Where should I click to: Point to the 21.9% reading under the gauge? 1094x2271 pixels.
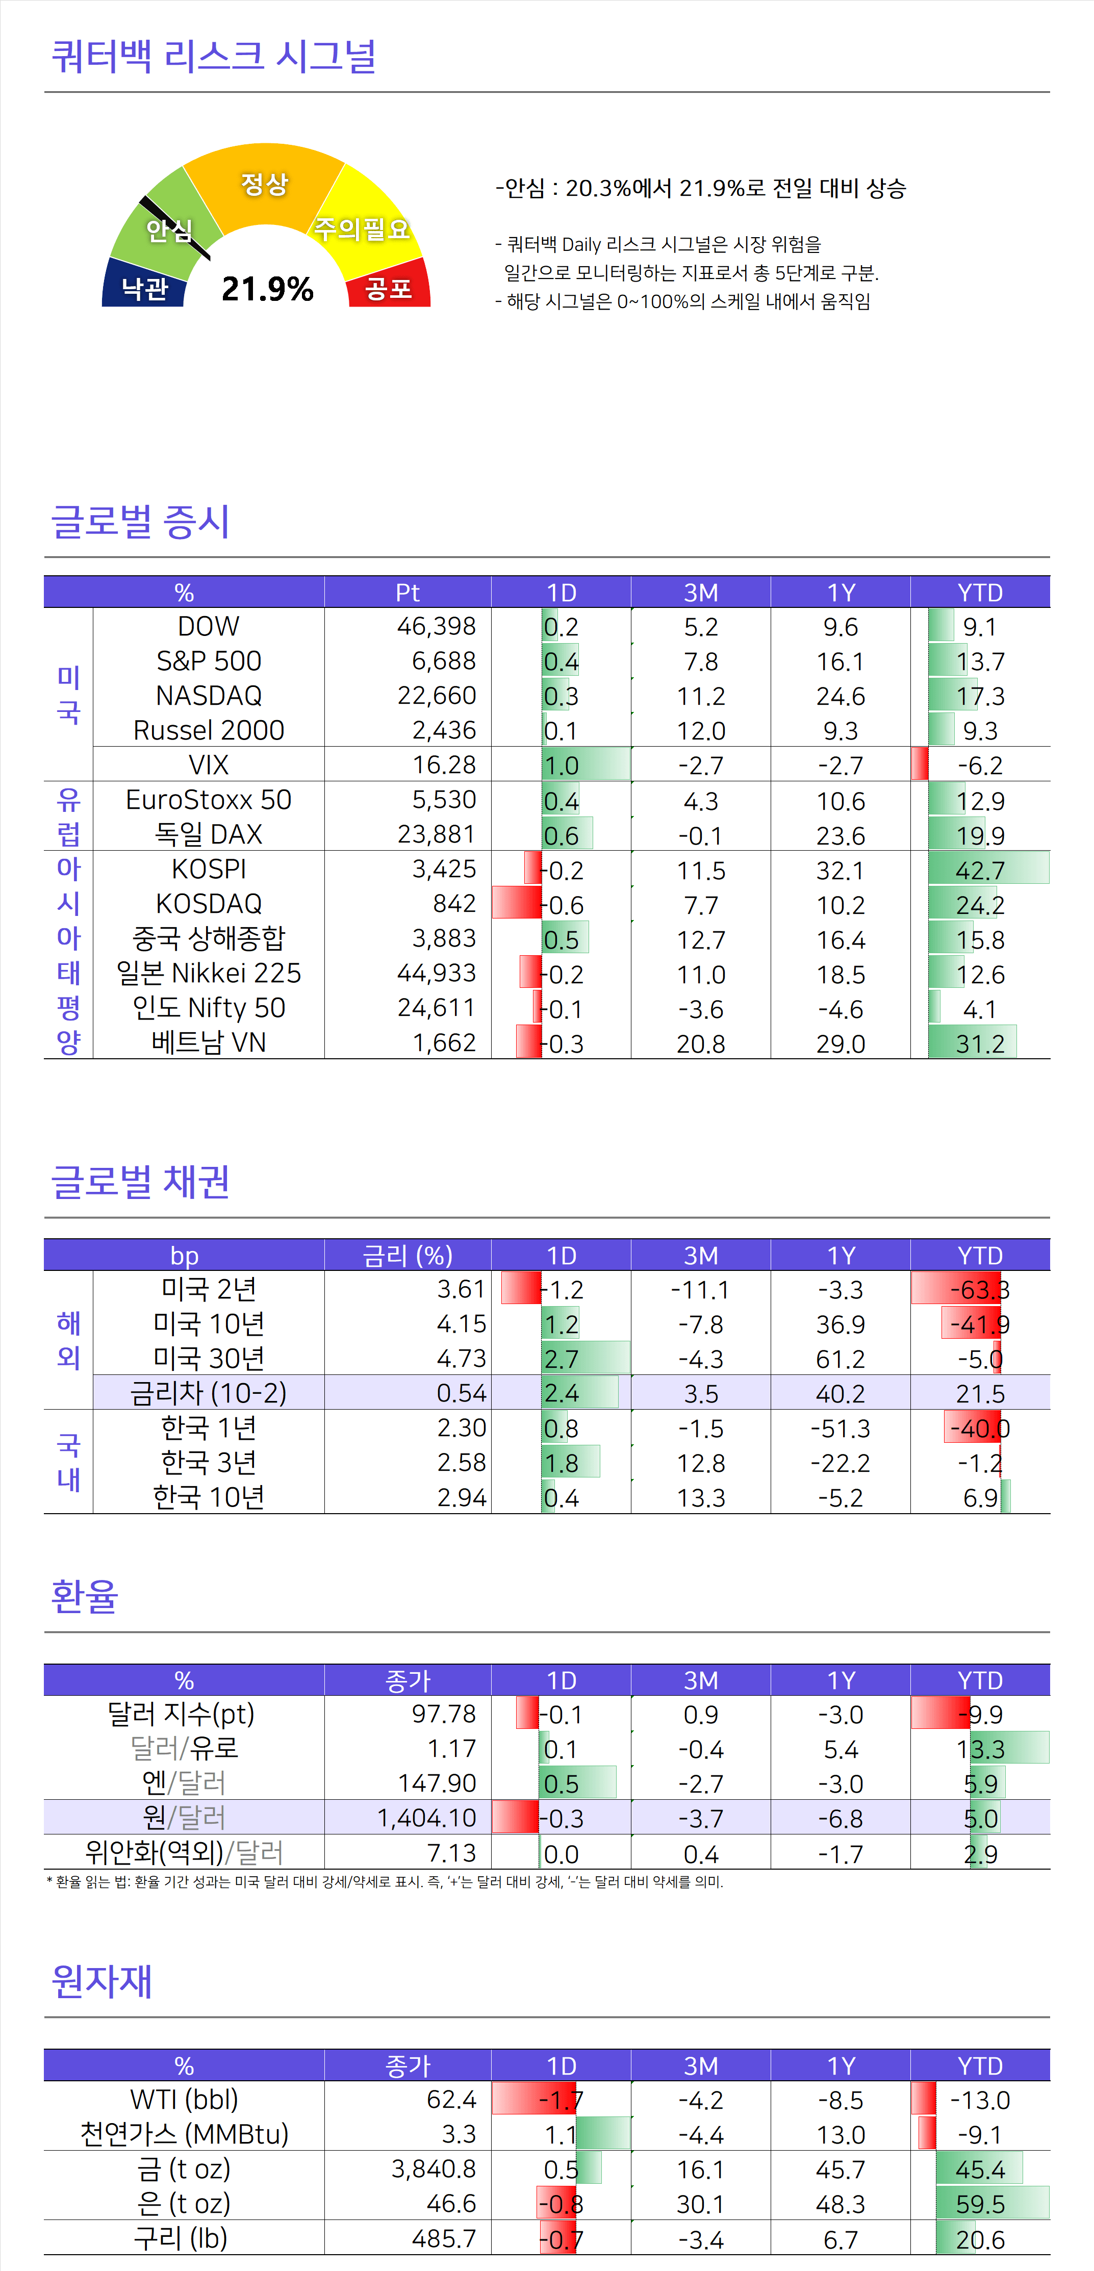point(267,288)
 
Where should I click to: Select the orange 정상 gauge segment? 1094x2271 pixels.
point(265,184)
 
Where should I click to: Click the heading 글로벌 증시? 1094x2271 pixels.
point(141,521)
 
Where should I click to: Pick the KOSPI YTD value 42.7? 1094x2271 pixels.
point(980,870)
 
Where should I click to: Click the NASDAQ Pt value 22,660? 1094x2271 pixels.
point(437,696)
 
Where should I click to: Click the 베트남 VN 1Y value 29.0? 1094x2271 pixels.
point(840,1044)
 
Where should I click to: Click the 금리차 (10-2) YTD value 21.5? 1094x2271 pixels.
point(980,1394)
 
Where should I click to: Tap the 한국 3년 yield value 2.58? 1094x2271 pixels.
point(461,1463)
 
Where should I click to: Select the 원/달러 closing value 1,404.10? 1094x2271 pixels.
point(427,1818)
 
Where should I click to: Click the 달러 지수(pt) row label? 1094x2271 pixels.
point(181,1714)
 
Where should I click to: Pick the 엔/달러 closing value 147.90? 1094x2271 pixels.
point(437,1783)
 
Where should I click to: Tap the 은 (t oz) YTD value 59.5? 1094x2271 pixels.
point(980,2204)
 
